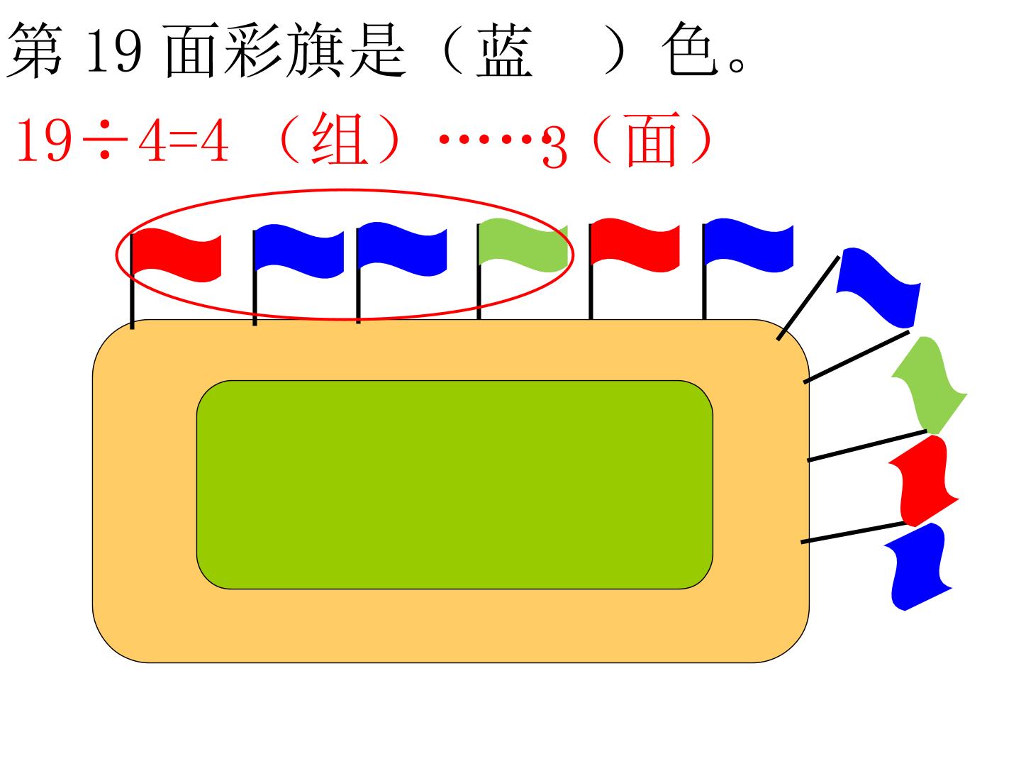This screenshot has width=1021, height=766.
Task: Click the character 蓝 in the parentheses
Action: [x=504, y=50]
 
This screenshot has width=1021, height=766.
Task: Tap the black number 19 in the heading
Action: [x=113, y=50]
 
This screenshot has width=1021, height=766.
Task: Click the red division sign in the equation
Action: [x=105, y=140]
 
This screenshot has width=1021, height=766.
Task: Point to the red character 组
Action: [x=340, y=138]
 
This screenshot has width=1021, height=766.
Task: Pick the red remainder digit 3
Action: [x=554, y=148]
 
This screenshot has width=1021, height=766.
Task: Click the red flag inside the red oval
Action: [x=177, y=255]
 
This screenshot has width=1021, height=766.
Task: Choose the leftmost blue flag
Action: [x=299, y=251]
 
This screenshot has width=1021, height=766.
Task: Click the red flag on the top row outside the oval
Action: [x=635, y=245]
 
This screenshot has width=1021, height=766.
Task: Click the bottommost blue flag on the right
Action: [x=918, y=567]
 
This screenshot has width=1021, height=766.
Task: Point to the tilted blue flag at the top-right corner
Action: [x=878, y=287]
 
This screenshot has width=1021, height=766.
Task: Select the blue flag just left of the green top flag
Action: [x=402, y=249]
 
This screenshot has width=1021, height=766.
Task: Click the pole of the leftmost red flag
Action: [x=132, y=282]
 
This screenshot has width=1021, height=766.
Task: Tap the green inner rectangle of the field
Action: [x=454, y=484]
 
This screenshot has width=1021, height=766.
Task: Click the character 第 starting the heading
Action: [x=35, y=50]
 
